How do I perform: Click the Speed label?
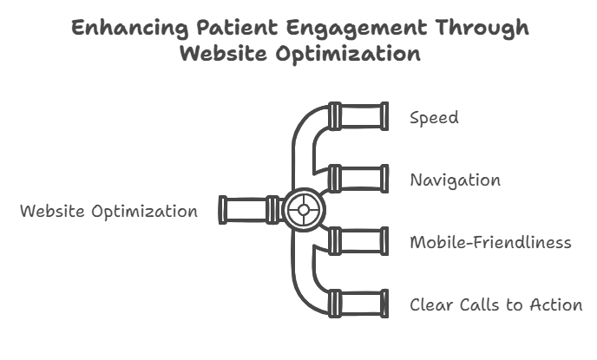(434, 118)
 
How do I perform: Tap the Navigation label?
(456, 180)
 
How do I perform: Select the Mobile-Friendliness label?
(491, 242)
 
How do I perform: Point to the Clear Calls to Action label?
(496, 304)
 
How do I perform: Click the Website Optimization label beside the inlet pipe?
(108, 211)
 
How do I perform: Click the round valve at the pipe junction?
(304, 210)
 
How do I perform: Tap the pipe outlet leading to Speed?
(358, 116)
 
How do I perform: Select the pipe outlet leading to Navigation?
(358, 179)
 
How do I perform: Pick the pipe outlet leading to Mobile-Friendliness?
(358, 241)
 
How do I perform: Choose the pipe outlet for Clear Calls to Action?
(358, 304)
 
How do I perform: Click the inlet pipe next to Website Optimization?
(249, 210)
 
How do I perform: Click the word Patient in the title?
(238, 28)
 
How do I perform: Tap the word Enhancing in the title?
(130, 29)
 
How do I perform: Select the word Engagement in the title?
(357, 29)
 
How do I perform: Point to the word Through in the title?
(482, 29)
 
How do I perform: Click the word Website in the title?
(224, 53)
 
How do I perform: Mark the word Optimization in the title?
(348, 54)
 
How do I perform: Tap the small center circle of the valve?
(304, 210)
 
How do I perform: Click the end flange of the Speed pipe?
(384, 116)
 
